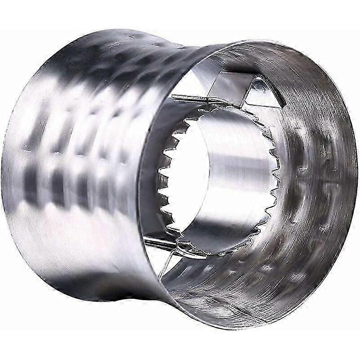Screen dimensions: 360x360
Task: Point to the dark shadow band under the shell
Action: click(90, 288)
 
